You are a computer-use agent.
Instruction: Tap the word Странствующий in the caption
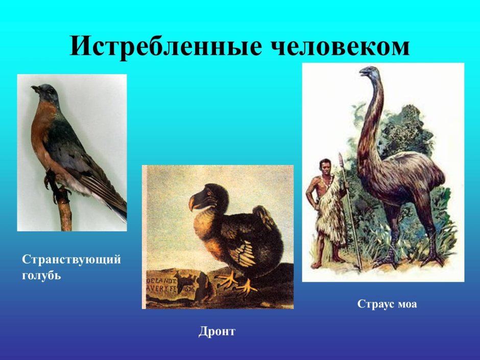click(71, 259)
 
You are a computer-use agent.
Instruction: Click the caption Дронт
click(217, 331)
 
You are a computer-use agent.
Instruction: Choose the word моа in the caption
click(407, 304)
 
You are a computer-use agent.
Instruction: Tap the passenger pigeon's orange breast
click(41, 133)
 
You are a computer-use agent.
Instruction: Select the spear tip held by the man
click(341, 161)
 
